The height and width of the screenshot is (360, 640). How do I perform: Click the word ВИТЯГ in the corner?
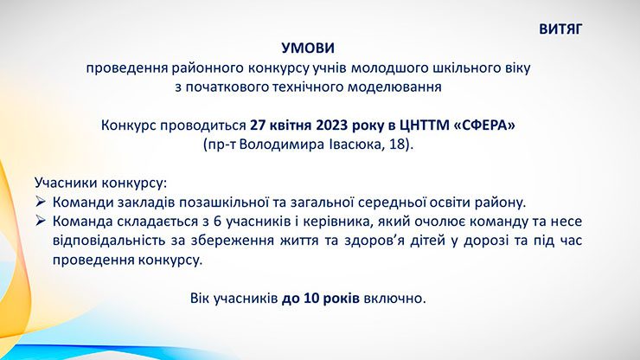click(560, 29)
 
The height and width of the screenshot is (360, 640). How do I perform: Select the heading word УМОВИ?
click(308, 48)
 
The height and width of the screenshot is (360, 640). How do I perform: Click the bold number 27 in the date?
click(258, 125)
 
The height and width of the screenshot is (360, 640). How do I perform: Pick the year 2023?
click(332, 125)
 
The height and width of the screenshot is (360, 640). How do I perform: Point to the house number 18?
click(396, 145)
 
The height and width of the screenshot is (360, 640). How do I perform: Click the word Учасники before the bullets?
click(66, 183)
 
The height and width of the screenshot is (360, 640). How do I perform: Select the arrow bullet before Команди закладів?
click(40, 202)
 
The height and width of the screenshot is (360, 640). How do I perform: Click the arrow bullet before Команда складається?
click(40, 221)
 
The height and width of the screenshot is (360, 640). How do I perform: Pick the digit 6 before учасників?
click(218, 222)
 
